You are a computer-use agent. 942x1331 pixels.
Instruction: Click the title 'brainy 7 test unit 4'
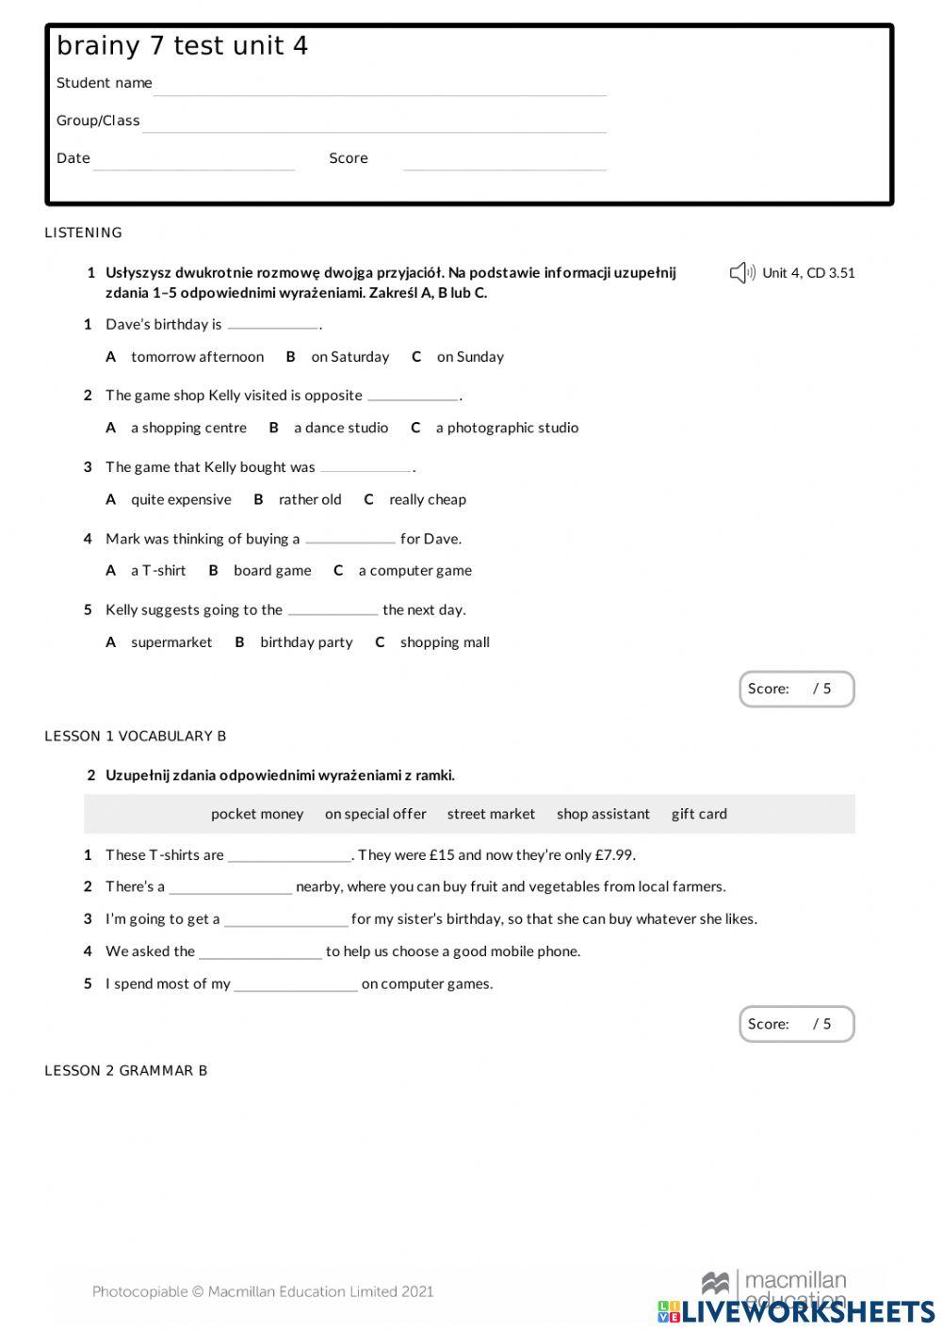[182, 46]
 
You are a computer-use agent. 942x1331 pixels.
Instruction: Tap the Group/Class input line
[374, 125]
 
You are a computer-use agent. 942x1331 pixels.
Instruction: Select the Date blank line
[194, 163]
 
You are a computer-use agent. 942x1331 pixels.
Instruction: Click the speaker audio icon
[741, 273]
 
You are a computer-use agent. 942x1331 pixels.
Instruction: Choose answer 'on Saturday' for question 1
[349, 357]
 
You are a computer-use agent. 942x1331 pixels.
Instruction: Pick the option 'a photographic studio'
[507, 428]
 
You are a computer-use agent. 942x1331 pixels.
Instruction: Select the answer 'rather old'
[310, 500]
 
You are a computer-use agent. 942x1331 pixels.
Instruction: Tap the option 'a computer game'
[414, 571]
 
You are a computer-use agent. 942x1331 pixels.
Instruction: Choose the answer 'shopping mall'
[445, 642]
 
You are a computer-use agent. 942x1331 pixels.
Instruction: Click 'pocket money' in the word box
[257, 814]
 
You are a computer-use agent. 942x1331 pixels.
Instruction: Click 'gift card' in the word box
[699, 814]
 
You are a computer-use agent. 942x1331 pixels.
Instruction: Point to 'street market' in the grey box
[491, 814]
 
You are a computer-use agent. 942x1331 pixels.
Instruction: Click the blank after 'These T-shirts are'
[289, 855]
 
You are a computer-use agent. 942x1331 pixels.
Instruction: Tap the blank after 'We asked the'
[260, 952]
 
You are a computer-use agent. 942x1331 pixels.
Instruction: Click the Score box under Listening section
[796, 690]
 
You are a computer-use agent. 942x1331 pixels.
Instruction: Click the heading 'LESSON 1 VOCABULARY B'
[136, 737]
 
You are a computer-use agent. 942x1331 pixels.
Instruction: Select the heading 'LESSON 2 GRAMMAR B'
[126, 1071]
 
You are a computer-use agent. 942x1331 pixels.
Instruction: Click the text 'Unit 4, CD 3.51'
[808, 273]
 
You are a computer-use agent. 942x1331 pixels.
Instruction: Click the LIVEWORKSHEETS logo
[796, 1311]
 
